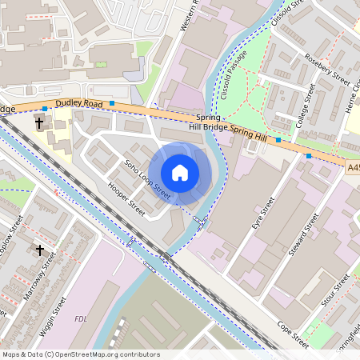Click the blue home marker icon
(x=180, y=172)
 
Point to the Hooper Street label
(x=126, y=200)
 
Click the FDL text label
(x=80, y=319)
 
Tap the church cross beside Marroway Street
(x=40, y=250)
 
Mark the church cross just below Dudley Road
(x=39, y=123)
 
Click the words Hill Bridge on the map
(x=207, y=126)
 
